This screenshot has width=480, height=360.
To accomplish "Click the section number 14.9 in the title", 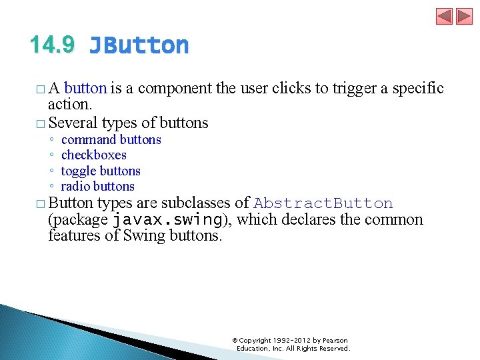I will tap(52, 45).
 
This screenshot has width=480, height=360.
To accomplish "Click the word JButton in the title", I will tap(139, 45).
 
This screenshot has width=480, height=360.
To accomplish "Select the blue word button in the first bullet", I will tap(85, 87).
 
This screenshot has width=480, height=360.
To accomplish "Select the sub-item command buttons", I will tap(111, 139).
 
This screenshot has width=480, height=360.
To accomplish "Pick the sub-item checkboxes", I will tap(93, 155).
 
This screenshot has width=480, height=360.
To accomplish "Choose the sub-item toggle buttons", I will tap(101, 171).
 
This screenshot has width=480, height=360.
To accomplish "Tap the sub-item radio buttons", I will tap(97, 186).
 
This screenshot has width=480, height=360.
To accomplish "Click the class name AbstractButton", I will tap(323, 203).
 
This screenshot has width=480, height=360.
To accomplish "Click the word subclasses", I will tap(198, 203).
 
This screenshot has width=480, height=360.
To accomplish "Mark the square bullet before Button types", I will tap(41, 203).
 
